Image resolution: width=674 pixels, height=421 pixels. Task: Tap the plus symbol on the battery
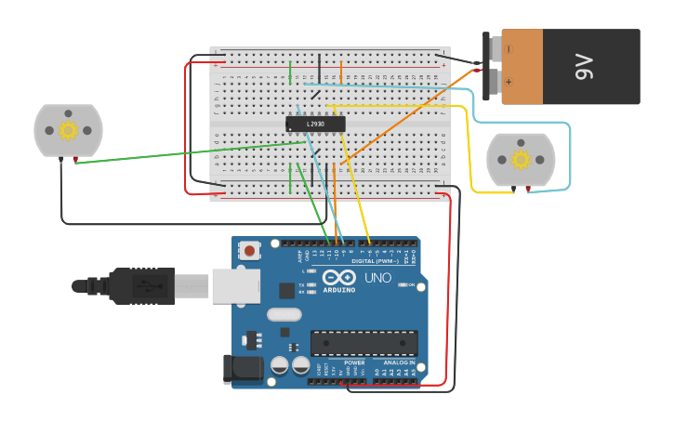click(x=508, y=81)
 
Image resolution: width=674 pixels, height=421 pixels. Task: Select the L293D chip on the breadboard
click(x=315, y=124)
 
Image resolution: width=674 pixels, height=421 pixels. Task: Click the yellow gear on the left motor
click(x=67, y=130)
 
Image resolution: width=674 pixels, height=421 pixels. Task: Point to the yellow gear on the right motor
click(x=521, y=160)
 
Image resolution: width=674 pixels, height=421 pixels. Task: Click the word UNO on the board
click(x=377, y=278)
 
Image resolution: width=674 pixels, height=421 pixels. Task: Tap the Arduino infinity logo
click(x=338, y=278)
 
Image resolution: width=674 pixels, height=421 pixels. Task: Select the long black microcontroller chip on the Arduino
click(x=363, y=343)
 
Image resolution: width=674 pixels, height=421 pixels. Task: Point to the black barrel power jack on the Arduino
click(x=243, y=369)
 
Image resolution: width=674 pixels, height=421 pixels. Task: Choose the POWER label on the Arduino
click(x=354, y=362)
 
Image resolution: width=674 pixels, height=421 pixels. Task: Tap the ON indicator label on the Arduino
click(x=410, y=284)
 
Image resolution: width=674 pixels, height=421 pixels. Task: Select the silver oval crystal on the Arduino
click(x=284, y=314)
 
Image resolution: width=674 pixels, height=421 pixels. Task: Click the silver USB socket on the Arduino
click(x=235, y=285)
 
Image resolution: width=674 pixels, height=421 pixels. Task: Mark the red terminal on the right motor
click(x=528, y=190)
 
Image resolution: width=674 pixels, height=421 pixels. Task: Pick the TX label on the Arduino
click(x=304, y=283)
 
